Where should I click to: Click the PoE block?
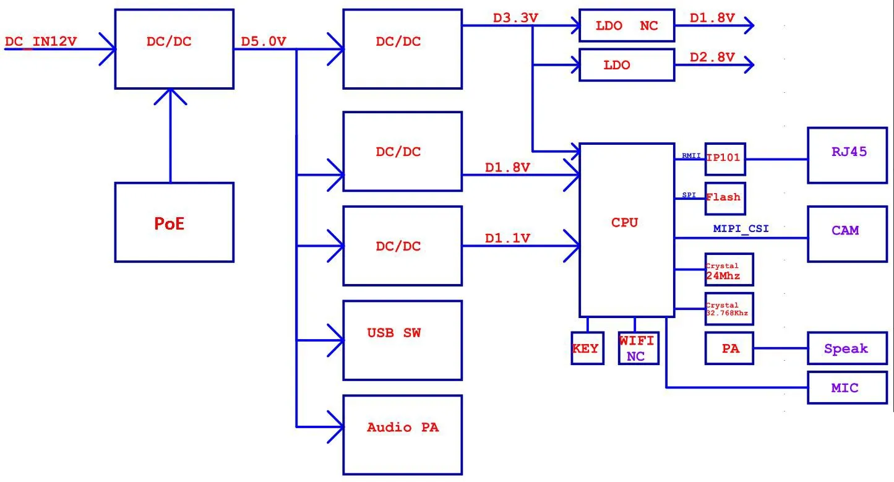pyautogui.click(x=174, y=222)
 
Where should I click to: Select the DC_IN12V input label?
pyautogui.click(x=41, y=42)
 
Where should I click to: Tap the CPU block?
pyautogui.click(x=625, y=230)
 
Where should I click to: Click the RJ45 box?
pyautogui.click(x=847, y=155)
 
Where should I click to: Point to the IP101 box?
pyautogui.click(x=725, y=158)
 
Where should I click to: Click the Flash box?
pyautogui.click(x=724, y=198)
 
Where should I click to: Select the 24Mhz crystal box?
pyautogui.click(x=729, y=269)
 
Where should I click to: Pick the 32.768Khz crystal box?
pyautogui.click(x=729, y=308)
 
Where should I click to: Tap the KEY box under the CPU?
pyautogui.click(x=587, y=348)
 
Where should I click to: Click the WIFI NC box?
pyautogui.click(x=638, y=348)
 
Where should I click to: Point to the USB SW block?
pyautogui.click(x=402, y=340)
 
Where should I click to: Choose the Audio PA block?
pyautogui.click(x=402, y=435)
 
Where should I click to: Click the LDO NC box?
pyautogui.click(x=626, y=26)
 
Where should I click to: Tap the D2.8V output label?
pyautogui.click(x=712, y=58)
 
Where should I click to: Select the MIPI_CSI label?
pyautogui.click(x=741, y=229)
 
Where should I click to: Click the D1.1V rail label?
pyautogui.click(x=507, y=238)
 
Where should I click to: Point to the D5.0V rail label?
pyautogui.click(x=264, y=42)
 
